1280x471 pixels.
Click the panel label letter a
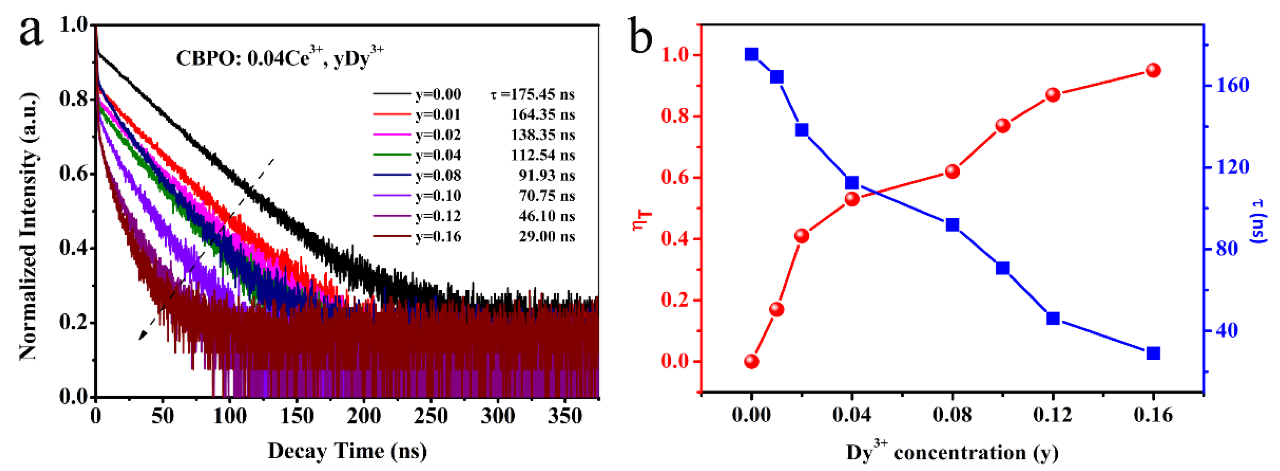coord(31,31)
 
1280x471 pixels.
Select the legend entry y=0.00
coord(438,94)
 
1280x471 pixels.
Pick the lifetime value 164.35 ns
coord(542,115)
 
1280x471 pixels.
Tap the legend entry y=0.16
coord(438,236)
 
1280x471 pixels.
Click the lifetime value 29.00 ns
coord(547,236)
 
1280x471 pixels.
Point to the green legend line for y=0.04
coord(393,155)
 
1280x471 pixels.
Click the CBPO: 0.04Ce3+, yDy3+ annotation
coord(280,57)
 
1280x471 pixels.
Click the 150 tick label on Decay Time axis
coord(297,415)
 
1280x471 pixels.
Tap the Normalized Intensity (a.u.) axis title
coord(28,226)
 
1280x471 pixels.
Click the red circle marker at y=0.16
coord(1153,70)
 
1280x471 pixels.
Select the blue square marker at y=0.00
coord(751,54)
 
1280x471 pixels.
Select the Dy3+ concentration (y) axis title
coord(952,452)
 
